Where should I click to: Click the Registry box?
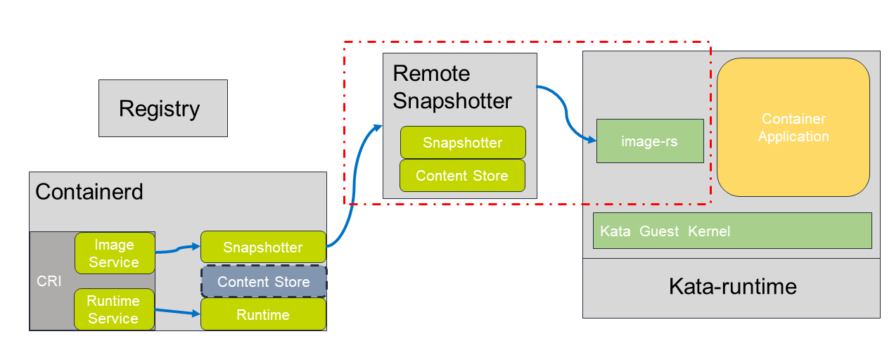[x=162, y=108]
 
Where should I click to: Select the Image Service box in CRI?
[x=114, y=253]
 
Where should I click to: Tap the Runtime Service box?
[x=113, y=309]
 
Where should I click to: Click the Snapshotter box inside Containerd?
[x=262, y=247]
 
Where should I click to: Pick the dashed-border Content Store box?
[x=263, y=281]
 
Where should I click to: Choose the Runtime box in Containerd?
[x=262, y=314]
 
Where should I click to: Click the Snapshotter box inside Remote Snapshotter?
[x=462, y=143]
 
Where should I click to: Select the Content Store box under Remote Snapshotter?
[x=462, y=176]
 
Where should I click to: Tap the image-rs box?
[x=649, y=141]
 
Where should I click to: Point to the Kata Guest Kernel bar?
[x=732, y=231]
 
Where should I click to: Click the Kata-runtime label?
[x=732, y=287]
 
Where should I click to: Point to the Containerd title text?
[x=89, y=191]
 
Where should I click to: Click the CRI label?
[x=49, y=281]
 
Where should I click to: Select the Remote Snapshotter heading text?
[x=452, y=87]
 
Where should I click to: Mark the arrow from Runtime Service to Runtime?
[x=176, y=311]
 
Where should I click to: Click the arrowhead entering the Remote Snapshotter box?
[x=377, y=127]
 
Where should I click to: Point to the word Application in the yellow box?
[x=793, y=136]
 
